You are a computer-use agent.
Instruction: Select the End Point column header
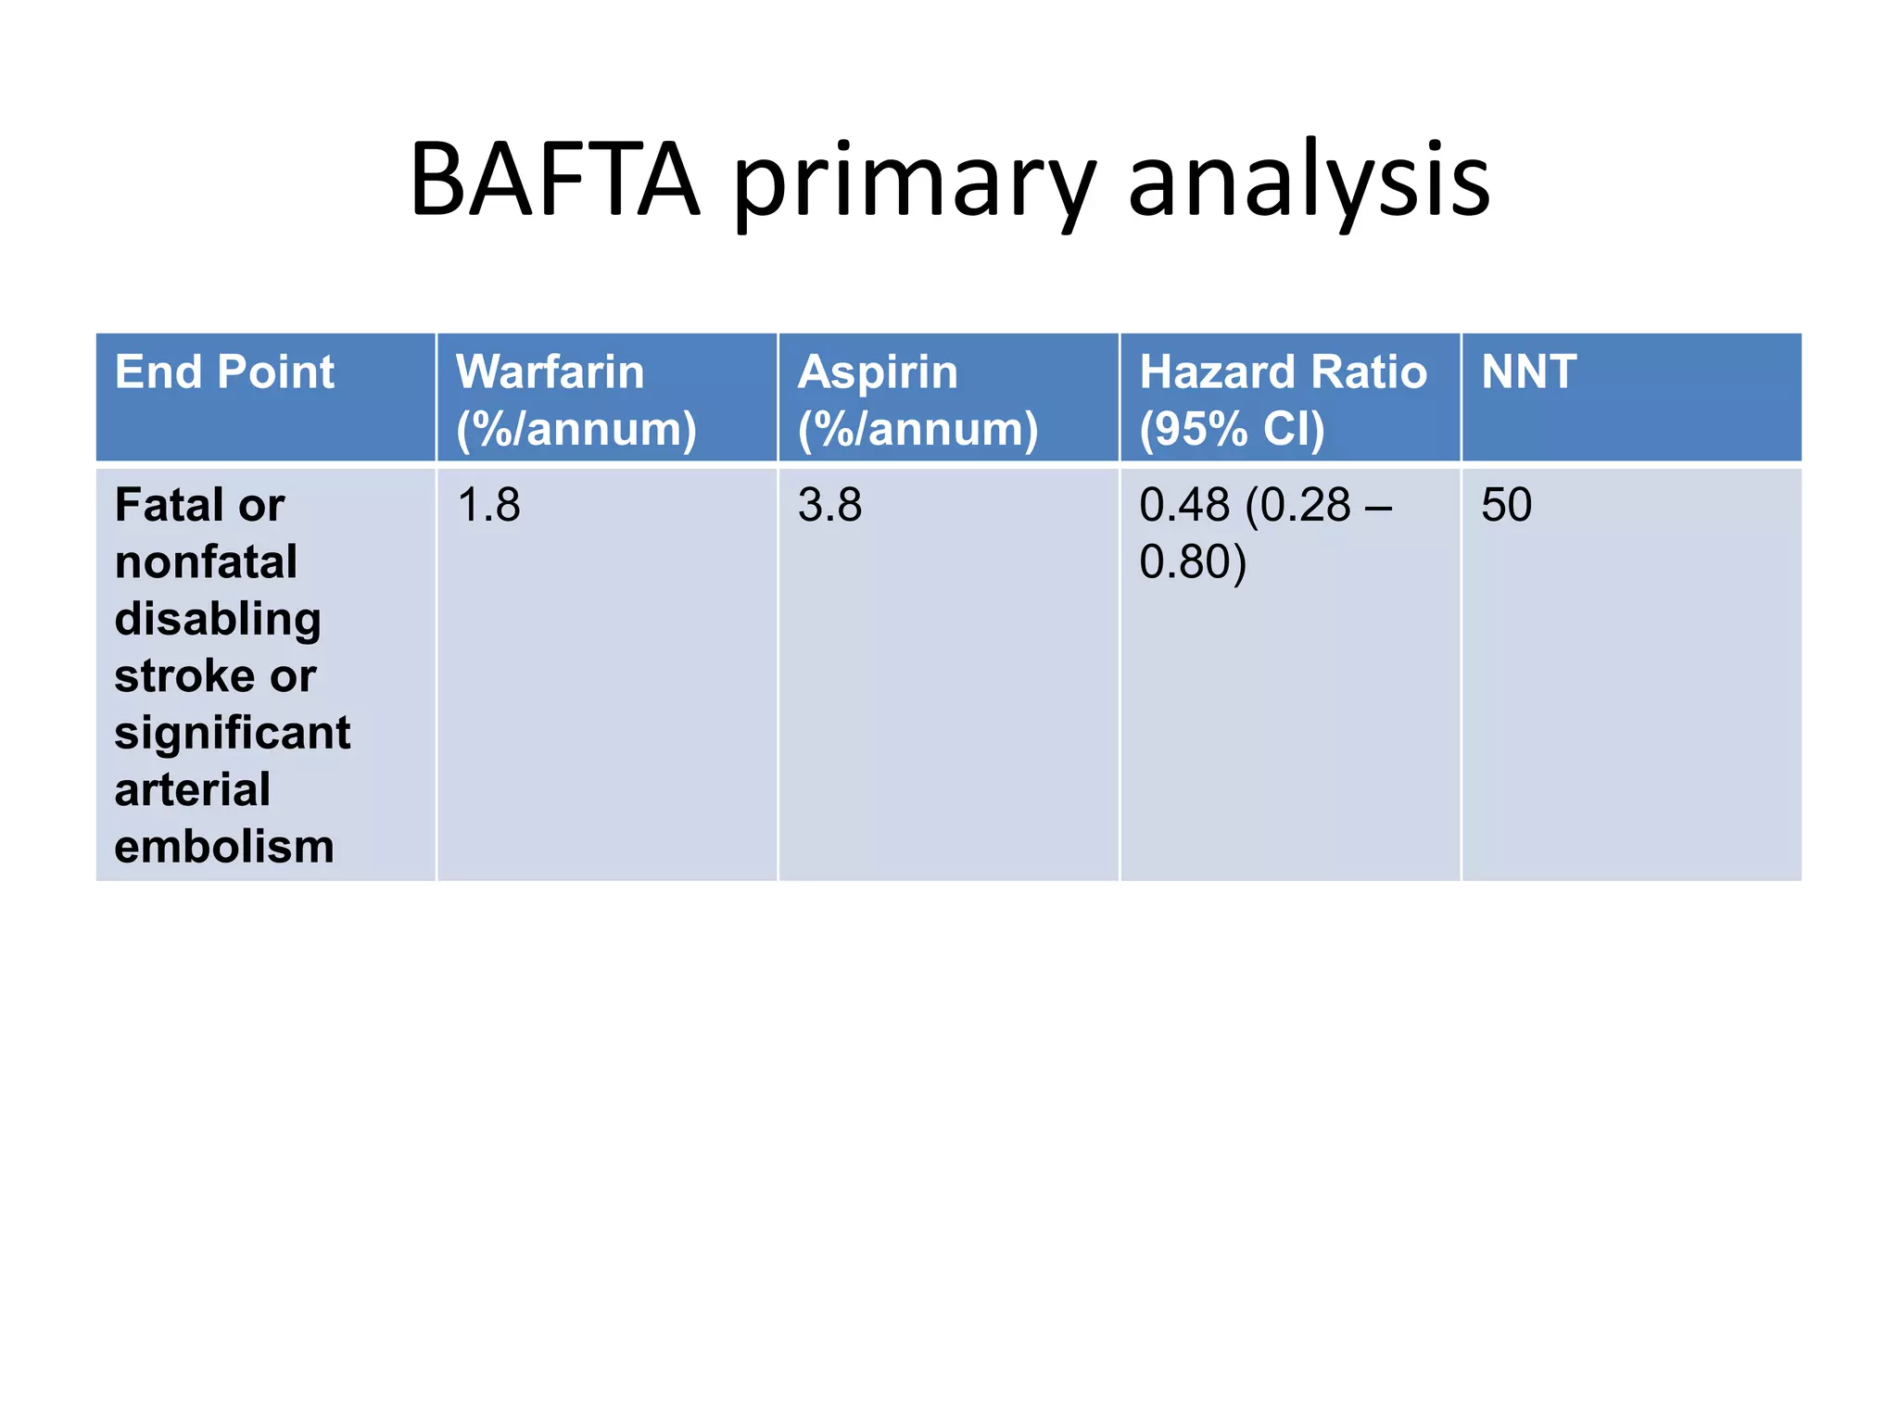[224, 372]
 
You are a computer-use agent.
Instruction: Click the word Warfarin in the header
[550, 372]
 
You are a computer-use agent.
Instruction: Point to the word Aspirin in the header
[878, 373]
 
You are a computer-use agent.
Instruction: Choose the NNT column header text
[1528, 372]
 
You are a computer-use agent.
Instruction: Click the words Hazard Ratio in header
[1283, 372]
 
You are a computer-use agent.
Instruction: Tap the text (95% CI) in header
[1232, 429]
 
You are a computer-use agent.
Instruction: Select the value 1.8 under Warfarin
[488, 506]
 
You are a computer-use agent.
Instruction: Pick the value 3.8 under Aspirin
[829, 506]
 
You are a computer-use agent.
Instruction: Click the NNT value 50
[1506, 506]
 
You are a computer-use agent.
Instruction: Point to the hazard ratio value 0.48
[1184, 506]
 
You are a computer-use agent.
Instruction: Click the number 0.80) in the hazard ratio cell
[1192, 562]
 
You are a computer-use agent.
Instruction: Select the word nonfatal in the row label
[206, 562]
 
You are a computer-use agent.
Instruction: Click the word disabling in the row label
[218, 620]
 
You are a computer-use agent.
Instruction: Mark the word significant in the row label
[233, 733]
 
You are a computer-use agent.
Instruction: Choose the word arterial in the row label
[193, 789]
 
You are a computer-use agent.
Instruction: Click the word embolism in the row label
[224, 847]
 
